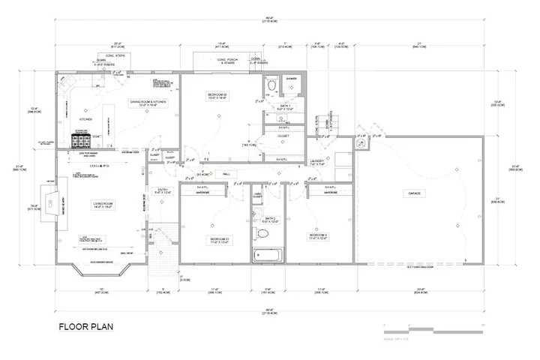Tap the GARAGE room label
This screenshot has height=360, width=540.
click(414, 193)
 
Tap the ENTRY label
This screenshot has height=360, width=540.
click(163, 190)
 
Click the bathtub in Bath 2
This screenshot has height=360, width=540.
click(267, 254)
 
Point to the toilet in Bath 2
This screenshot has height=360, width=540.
click(262, 235)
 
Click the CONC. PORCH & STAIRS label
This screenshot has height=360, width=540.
click(226, 61)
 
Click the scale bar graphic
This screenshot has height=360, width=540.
click(430, 328)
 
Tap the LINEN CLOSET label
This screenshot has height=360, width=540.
click(257, 196)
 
